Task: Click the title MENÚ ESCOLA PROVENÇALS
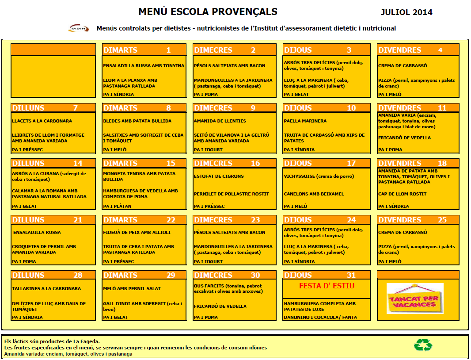pos(208,11)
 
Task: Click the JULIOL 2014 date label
pos(406,12)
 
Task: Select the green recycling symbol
pos(423,345)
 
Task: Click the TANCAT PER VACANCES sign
pos(414,299)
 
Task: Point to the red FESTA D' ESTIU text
pos(327,286)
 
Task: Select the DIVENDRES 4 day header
pos(418,50)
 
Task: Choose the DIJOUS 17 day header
pos(327,163)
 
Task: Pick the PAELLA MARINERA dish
pos(305,121)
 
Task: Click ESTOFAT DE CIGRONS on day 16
pos(218,176)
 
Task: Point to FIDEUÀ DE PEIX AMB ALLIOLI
pos(137,232)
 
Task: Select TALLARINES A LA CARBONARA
pos(46,288)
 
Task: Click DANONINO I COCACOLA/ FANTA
pos(320,317)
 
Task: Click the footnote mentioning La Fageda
pos(52,341)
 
